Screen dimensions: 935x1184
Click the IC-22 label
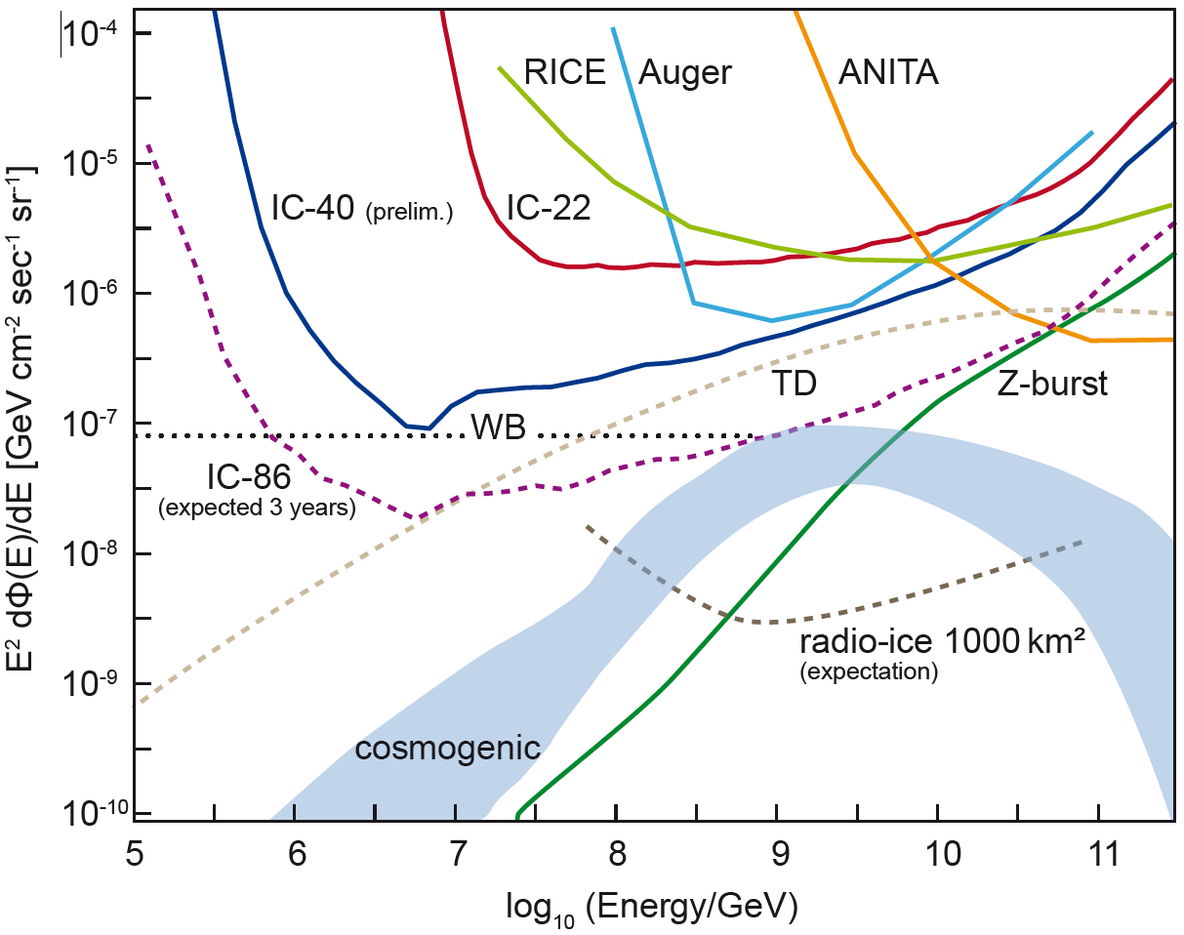click(x=549, y=208)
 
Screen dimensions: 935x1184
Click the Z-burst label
click(x=1052, y=384)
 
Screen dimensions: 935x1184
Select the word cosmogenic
click(x=447, y=749)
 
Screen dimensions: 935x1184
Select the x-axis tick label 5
click(x=134, y=851)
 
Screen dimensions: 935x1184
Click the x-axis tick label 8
click(x=616, y=851)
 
